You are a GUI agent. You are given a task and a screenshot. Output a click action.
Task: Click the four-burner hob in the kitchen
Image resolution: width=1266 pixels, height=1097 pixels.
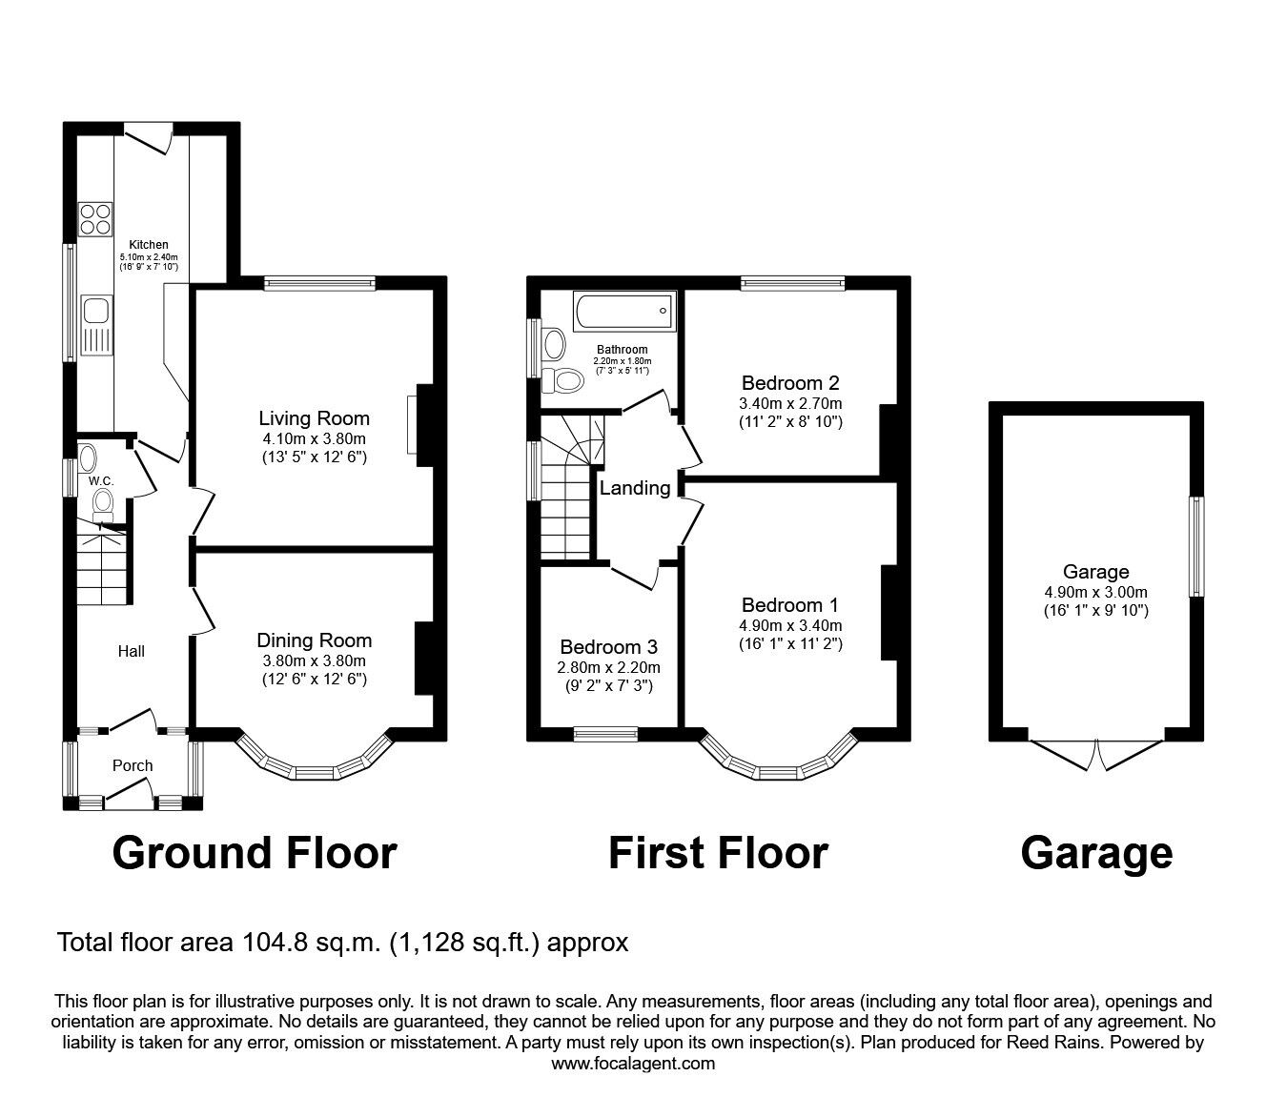[95, 219]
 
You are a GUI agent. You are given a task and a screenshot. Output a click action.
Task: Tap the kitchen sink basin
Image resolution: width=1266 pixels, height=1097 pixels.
[96, 310]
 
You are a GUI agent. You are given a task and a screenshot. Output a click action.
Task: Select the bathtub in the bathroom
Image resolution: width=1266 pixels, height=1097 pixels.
[624, 311]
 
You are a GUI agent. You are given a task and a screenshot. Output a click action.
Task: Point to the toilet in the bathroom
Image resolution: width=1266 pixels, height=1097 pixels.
[562, 379]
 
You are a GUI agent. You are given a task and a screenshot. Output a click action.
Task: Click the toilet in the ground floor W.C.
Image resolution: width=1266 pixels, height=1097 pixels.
[103, 504]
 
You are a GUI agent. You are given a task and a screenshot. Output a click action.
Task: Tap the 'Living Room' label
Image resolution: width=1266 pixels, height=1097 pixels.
[314, 418]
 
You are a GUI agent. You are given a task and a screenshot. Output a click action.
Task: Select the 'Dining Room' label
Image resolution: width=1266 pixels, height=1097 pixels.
[315, 640]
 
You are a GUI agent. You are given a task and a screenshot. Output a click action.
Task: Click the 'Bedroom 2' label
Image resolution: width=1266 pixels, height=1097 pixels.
[790, 383]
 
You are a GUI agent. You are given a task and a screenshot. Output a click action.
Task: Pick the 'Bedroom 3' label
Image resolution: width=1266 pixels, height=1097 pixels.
[608, 647]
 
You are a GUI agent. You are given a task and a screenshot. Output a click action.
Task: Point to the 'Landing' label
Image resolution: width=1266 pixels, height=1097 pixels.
[635, 488]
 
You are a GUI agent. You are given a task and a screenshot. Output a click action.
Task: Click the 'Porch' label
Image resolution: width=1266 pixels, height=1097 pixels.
[133, 765]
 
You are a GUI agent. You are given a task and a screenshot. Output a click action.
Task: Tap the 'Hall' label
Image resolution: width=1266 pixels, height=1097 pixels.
[131, 651]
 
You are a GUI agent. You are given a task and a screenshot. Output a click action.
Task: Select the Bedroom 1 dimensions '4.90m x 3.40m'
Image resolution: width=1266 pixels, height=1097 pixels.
[790, 625]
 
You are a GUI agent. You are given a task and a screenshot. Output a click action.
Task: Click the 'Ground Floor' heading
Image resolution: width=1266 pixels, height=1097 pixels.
[255, 853]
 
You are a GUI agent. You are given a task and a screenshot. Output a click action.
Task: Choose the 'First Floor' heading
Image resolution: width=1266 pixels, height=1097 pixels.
[718, 853]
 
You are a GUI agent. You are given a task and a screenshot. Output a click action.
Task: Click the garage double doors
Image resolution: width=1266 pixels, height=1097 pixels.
[1095, 755]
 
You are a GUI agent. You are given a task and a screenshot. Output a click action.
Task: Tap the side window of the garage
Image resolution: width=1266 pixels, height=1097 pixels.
[1196, 546]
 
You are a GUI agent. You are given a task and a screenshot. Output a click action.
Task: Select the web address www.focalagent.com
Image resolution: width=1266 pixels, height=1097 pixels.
[633, 1064]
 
